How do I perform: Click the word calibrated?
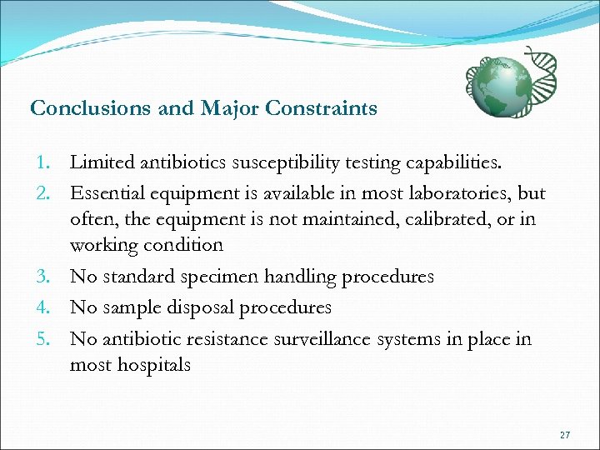click(x=421, y=219)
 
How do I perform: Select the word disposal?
click(x=202, y=307)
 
